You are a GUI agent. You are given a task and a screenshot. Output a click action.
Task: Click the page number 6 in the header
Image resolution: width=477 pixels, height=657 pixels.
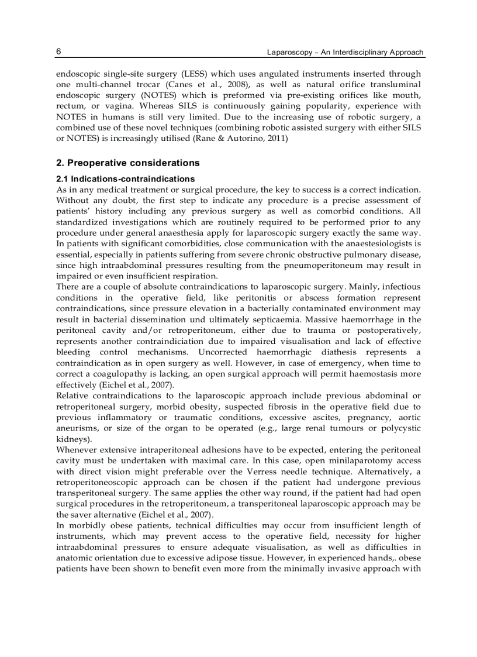tap(58, 51)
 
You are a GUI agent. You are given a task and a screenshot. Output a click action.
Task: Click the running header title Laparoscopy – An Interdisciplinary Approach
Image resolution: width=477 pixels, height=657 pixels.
tap(345, 52)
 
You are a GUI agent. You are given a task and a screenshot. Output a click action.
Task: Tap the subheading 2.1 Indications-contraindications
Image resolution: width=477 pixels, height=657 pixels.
tap(125, 179)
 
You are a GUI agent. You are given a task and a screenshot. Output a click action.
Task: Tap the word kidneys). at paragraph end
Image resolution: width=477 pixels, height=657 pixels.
tap(74, 438)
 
